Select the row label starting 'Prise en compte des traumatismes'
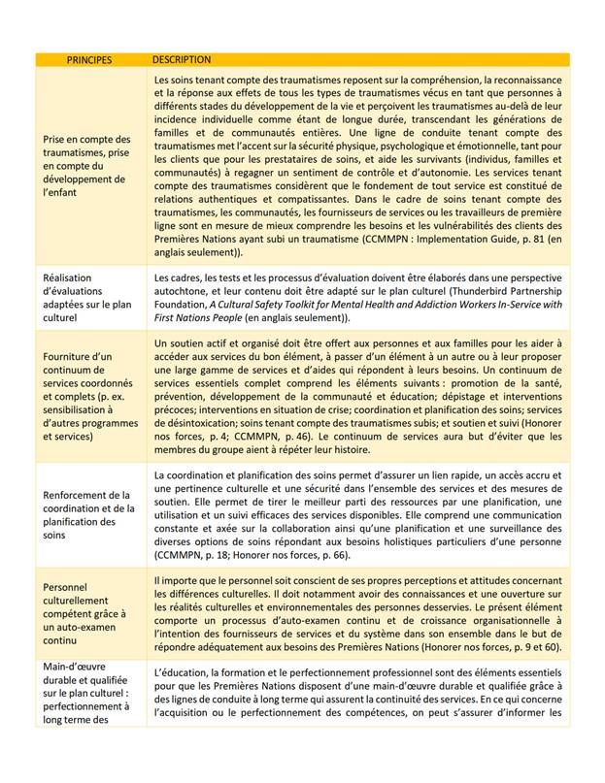point(86,166)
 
